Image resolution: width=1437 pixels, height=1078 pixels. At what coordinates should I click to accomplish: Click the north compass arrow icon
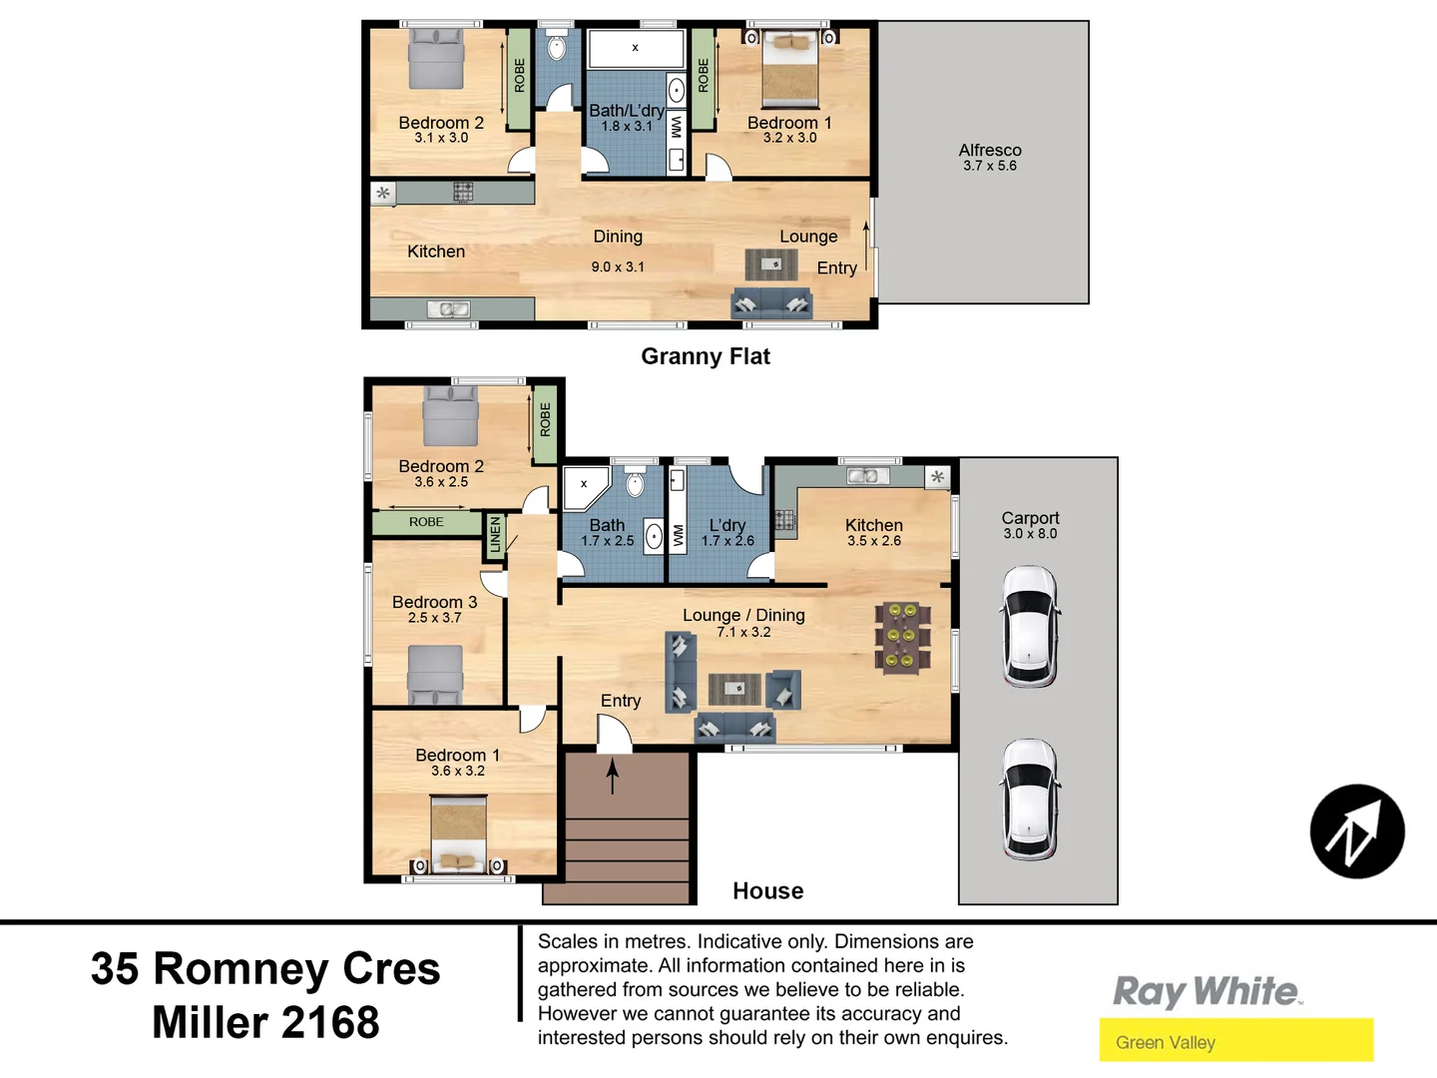coord(1356,831)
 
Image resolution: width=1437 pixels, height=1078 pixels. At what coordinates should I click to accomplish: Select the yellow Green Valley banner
coord(1235,1041)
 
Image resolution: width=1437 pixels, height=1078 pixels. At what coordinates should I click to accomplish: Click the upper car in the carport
coord(1030,626)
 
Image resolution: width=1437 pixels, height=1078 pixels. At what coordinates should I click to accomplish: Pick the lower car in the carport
coord(1030,799)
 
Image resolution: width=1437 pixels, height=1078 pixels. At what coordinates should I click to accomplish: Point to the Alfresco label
coord(990,151)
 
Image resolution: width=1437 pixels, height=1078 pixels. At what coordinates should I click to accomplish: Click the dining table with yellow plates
coord(902,636)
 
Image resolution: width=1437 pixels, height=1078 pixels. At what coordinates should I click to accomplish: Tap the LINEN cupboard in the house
coord(495,535)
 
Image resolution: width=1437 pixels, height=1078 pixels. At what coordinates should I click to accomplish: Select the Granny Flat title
coord(706,356)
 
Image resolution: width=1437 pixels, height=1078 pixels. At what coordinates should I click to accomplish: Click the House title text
coord(767,890)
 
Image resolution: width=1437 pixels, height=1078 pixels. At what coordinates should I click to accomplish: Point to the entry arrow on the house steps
coord(613,775)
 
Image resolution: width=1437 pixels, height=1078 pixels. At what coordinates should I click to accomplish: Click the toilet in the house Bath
coord(636,483)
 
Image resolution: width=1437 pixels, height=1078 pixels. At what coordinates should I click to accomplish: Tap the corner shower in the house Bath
coord(585,487)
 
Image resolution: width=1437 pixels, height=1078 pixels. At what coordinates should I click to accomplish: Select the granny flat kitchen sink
coord(454,309)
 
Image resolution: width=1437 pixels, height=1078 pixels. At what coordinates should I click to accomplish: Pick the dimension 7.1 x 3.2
coord(743,632)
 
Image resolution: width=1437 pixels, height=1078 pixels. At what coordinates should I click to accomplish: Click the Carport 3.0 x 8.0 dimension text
coord(1030,534)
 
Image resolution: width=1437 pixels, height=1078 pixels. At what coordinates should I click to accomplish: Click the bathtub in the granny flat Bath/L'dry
coord(636,48)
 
